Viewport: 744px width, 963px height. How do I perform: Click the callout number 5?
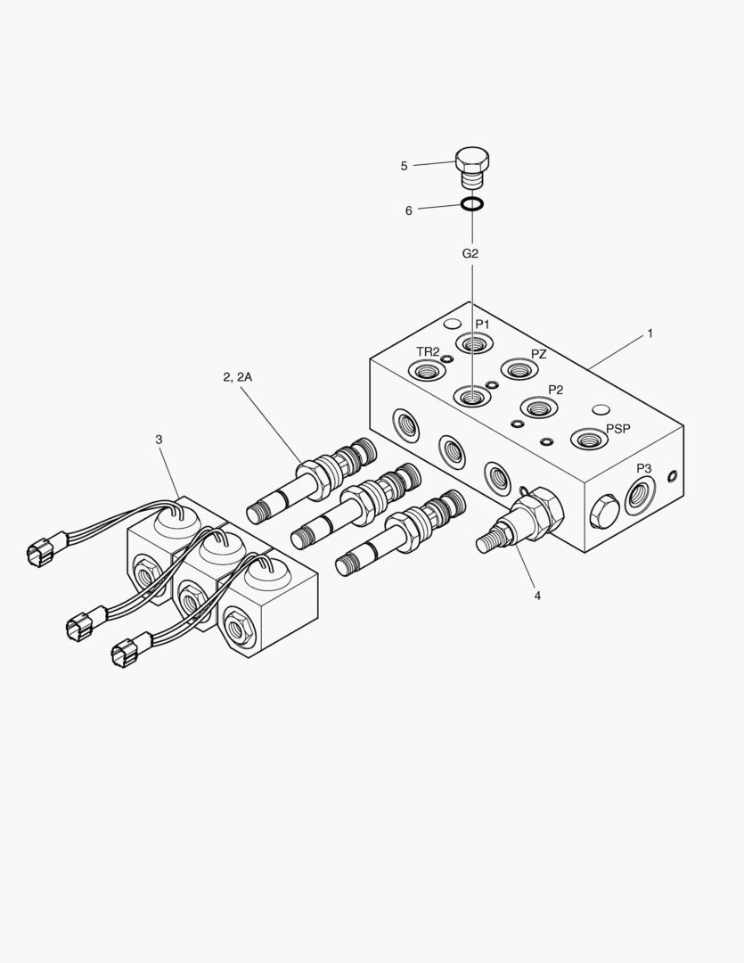[404, 166]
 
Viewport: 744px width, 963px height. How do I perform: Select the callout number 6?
[409, 210]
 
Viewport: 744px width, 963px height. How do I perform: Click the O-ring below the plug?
[472, 204]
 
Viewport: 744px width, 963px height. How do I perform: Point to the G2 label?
[470, 253]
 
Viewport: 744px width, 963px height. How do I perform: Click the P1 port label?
[482, 324]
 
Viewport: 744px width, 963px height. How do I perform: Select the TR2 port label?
[428, 351]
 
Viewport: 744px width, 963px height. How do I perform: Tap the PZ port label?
[539, 354]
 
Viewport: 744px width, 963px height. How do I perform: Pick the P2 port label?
[555, 390]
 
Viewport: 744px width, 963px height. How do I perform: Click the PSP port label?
[618, 428]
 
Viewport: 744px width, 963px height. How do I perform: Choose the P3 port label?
[643, 468]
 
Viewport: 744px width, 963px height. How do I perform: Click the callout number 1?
[650, 333]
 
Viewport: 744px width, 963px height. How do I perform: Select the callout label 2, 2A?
[238, 377]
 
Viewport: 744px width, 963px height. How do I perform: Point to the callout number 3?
[159, 440]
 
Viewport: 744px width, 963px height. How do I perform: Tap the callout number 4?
[537, 595]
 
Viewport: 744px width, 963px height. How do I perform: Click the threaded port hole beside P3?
[640, 496]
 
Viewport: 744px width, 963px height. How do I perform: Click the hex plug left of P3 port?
[605, 511]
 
